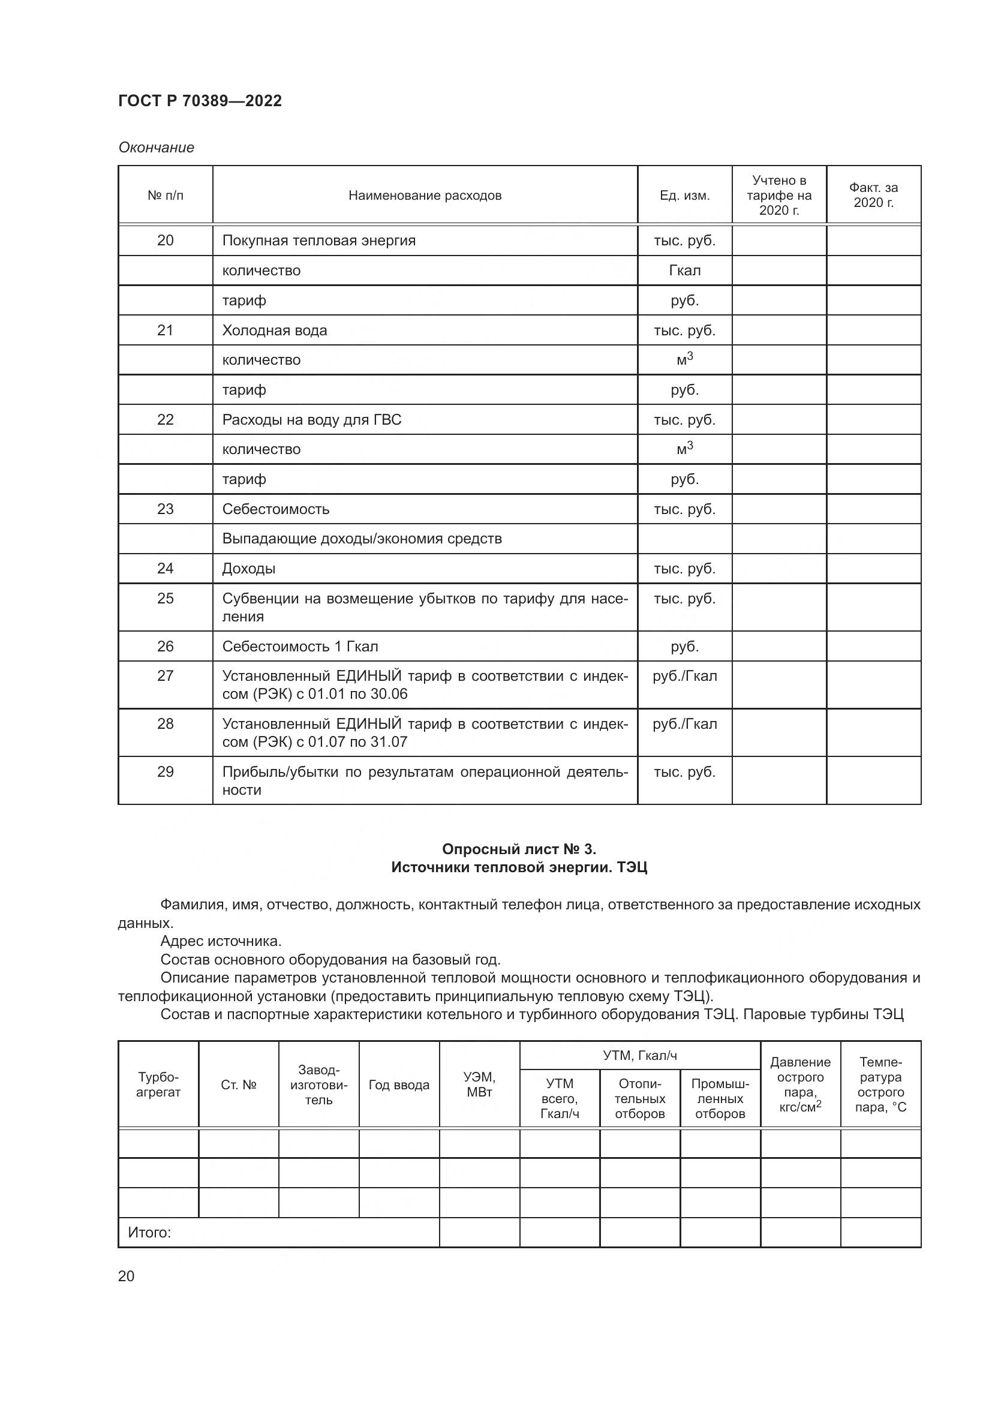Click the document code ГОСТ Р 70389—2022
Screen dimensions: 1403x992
[x=200, y=101]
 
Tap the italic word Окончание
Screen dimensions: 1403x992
[x=157, y=148]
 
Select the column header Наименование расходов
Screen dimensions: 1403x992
[x=425, y=196]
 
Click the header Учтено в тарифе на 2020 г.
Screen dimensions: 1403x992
[x=779, y=196]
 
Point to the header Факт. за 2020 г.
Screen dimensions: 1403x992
[x=873, y=196]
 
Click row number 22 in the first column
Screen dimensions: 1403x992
[x=166, y=420]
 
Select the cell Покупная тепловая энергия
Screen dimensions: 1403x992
[x=319, y=241]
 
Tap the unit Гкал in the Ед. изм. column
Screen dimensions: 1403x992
[x=685, y=271]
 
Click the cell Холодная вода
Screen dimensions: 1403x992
[x=274, y=331]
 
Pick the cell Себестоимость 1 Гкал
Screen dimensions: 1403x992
[x=300, y=647]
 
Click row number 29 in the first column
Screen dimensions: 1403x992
[x=166, y=772]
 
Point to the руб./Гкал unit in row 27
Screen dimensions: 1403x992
[x=685, y=677]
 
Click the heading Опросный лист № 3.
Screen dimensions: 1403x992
[x=519, y=849]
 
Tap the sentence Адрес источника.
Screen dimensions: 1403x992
[x=221, y=941]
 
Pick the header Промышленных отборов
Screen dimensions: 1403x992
[x=720, y=1099]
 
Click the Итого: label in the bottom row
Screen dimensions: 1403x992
[x=149, y=1233]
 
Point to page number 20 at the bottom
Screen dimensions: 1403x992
[x=126, y=1276]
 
